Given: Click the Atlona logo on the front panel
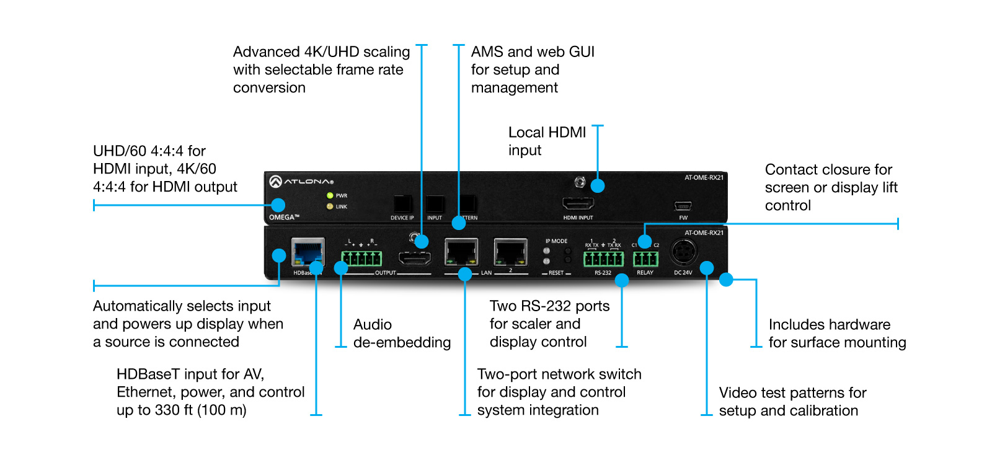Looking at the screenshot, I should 301,181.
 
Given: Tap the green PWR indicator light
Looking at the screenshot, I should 330,195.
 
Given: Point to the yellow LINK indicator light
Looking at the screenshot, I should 330,206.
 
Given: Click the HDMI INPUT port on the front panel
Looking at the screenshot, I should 578,203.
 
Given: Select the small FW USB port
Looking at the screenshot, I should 683,206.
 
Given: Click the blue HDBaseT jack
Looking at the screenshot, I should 308,252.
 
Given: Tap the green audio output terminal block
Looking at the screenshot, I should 361,258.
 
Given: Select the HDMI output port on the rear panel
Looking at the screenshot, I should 414,259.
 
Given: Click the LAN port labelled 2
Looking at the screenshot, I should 510,253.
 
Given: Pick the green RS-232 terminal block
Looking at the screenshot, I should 603,259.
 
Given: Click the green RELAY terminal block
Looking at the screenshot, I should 645,259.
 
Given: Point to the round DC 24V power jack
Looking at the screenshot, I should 683,252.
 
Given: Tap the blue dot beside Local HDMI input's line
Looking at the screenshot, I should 598,185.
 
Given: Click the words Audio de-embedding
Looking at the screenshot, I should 402,334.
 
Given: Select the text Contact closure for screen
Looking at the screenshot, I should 828,179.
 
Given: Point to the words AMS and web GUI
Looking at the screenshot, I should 533,52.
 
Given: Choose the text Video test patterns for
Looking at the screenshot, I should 792,393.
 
